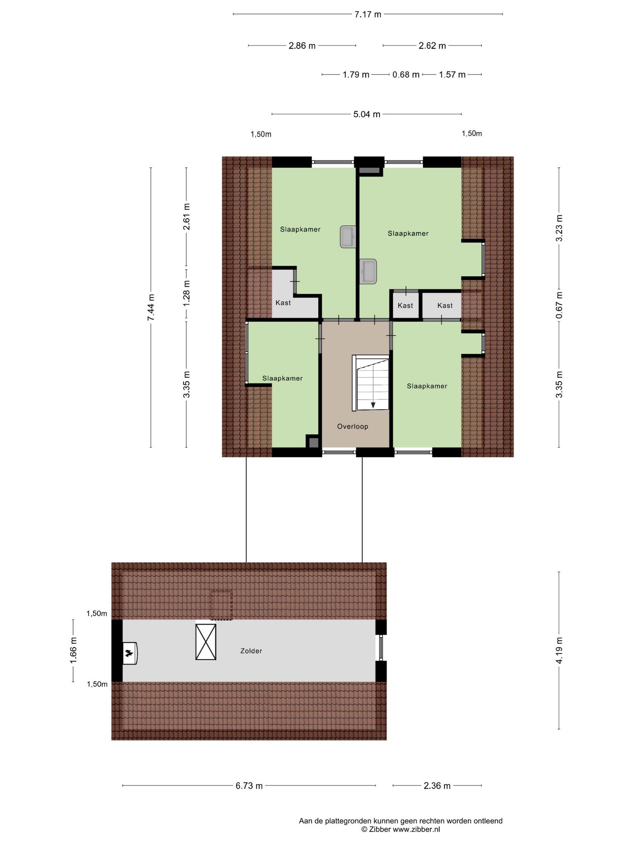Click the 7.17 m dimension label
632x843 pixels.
(368, 14)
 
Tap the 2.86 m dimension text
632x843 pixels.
(302, 46)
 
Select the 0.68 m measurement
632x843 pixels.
(406, 75)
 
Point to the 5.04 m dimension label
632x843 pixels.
(367, 114)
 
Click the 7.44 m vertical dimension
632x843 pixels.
(151, 307)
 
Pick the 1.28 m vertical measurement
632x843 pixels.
(187, 293)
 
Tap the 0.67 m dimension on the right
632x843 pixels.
(559, 305)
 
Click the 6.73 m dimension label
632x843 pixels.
(249, 786)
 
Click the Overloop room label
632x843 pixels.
(353, 426)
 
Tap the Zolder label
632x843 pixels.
(251, 651)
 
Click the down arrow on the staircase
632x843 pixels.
(373, 405)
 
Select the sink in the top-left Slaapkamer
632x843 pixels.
(348, 237)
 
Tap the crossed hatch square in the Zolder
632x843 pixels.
(206, 642)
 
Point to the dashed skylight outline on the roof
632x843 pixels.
(221, 605)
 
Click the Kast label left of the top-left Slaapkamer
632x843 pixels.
(283, 303)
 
